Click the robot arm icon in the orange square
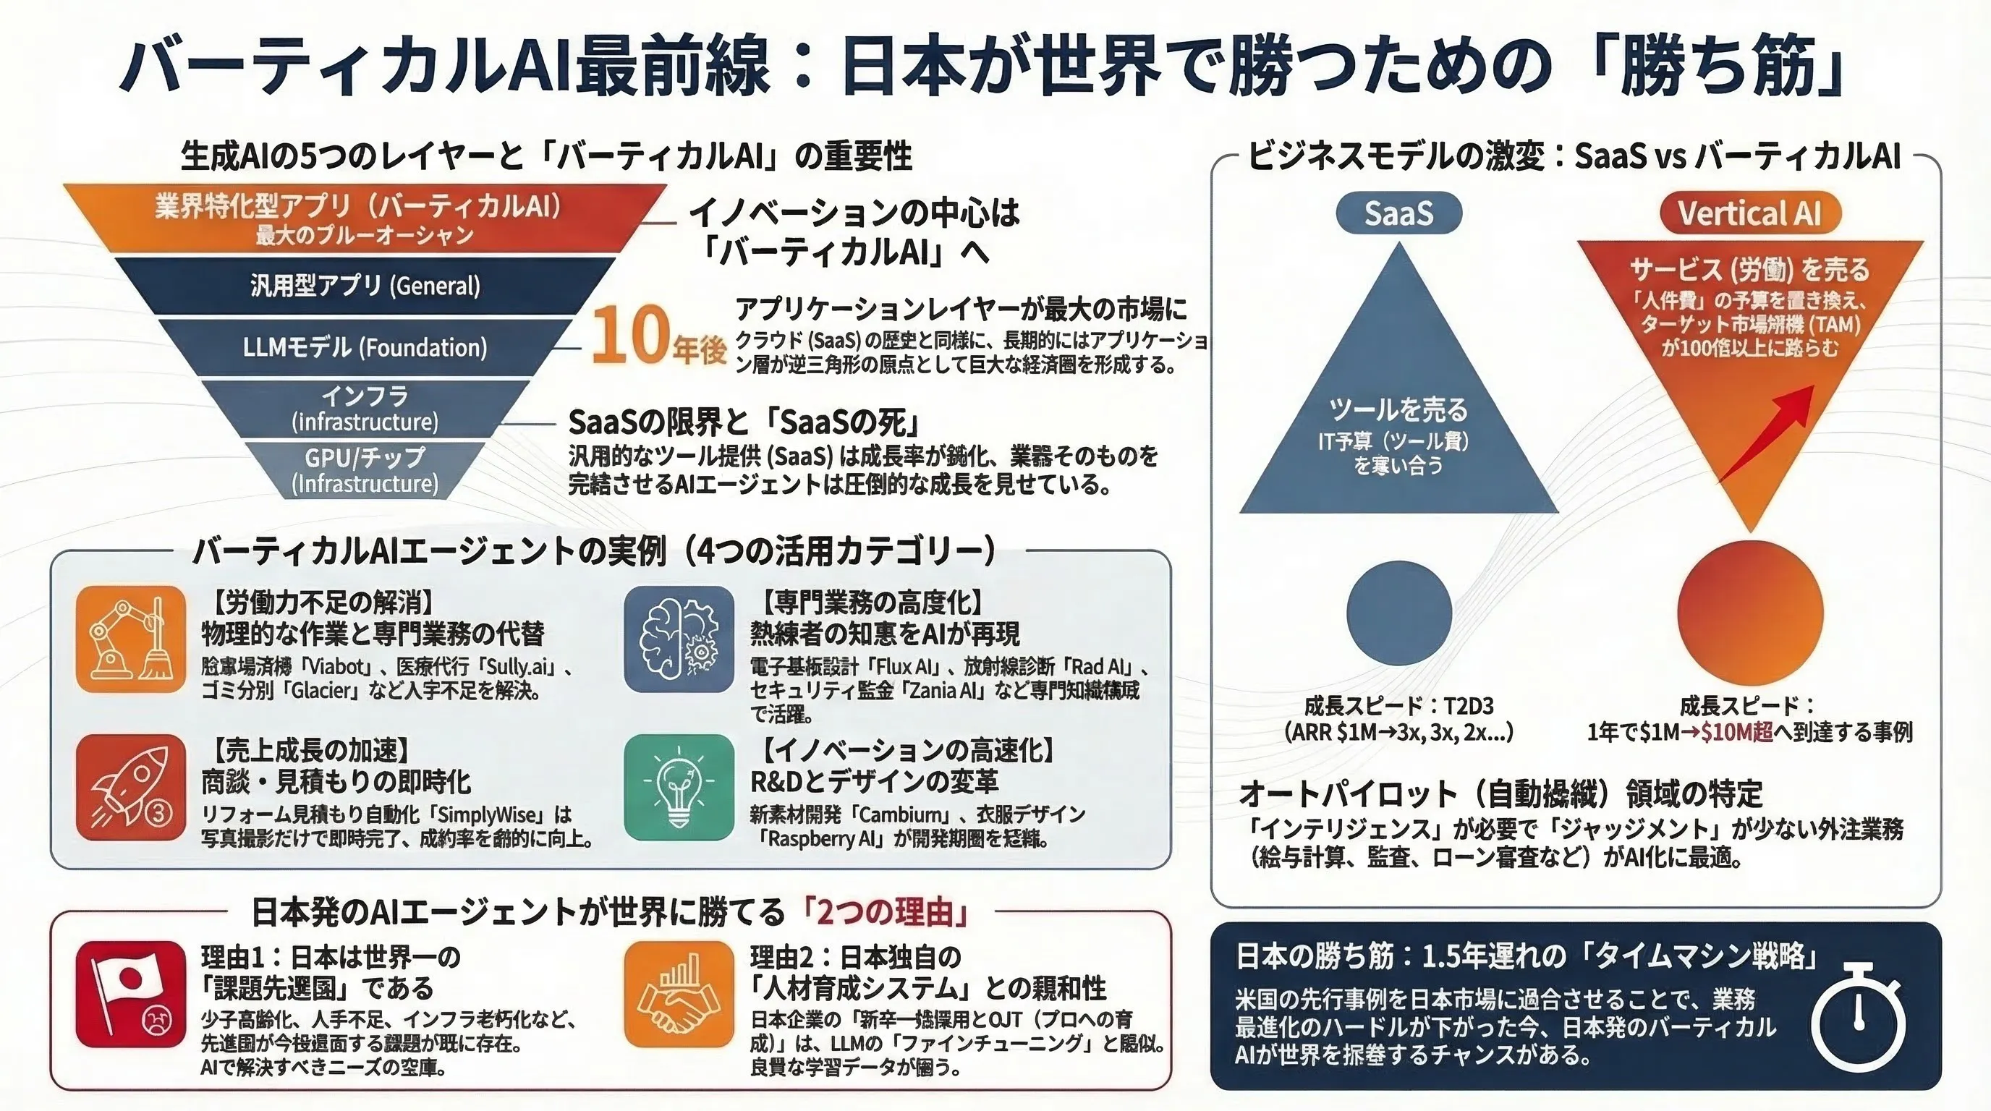[132, 639]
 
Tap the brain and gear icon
[679, 639]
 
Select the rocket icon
[132, 787]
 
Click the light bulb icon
[679, 787]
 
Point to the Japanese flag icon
[132, 995]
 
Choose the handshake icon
[679, 995]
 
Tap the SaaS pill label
[1398, 213]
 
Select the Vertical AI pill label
[1749, 213]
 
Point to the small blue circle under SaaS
[1399, 613]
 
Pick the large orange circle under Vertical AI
[1750, 613]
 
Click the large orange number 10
[630, 336]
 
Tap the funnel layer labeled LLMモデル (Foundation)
[365, 347]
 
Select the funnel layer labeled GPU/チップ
[365, 469]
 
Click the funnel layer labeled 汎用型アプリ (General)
[365, 285]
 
